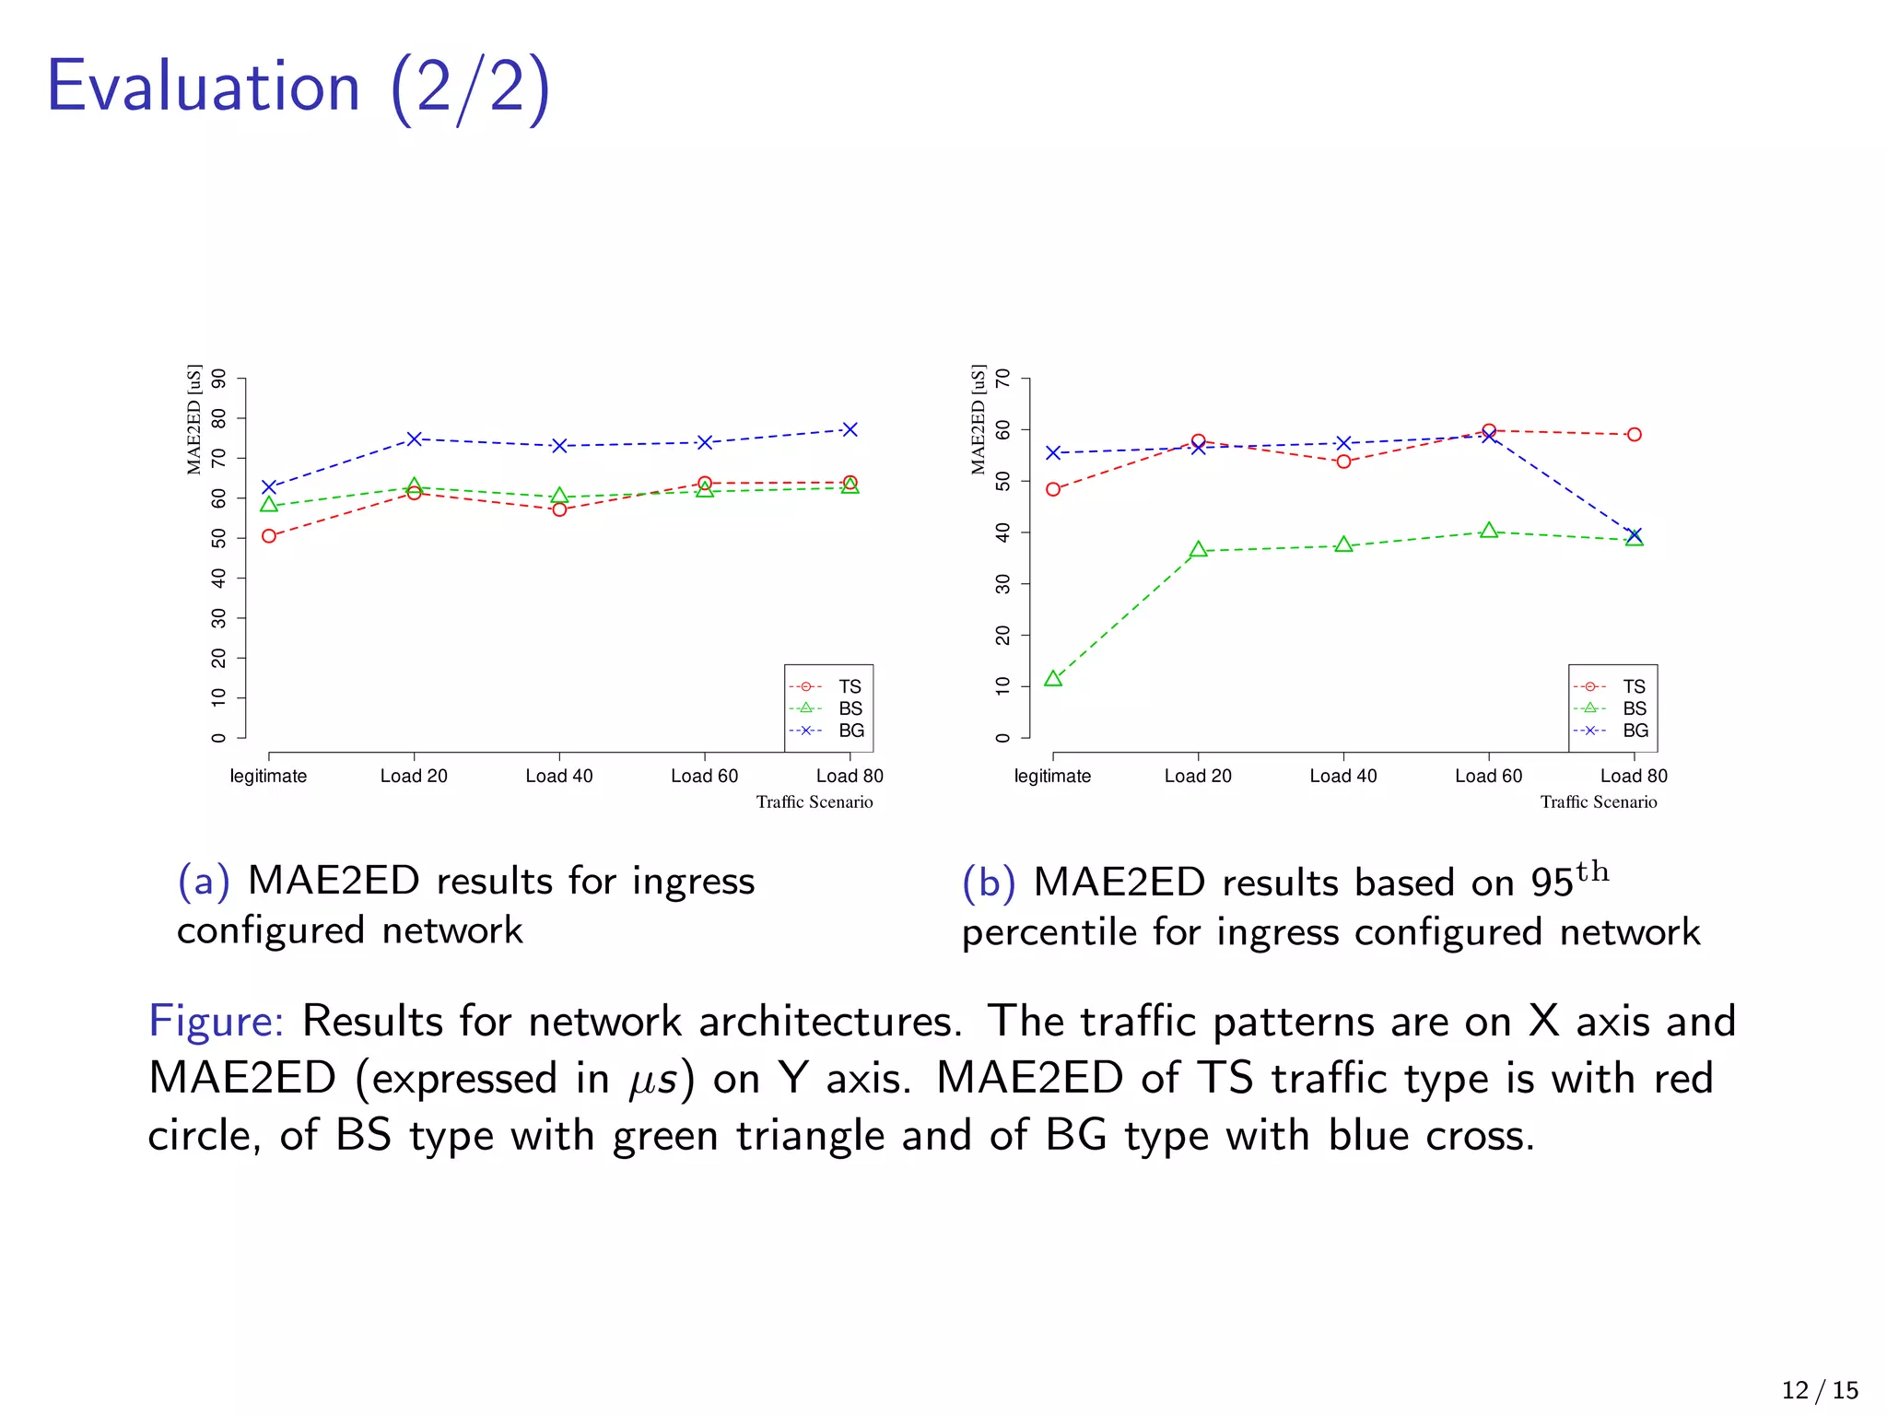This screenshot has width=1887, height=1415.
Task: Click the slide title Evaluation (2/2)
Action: pyautogui.click(x=298, y=88)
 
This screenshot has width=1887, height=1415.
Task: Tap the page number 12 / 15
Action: pyautogui.click(x=1820, y=1389)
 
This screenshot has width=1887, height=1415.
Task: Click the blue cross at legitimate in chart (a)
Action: pyautogui.click(x=269, y=487)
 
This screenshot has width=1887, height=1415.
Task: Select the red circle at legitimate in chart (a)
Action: pyautogui.click(x=269, y=536)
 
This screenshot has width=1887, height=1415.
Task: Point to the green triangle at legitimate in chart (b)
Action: pyautogui.click(x=1053, y=679)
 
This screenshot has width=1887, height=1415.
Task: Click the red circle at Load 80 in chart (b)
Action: pyautogui.click(x=1634, y=435)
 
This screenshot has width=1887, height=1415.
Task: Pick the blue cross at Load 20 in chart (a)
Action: pyautogui.click(x=414, y=439)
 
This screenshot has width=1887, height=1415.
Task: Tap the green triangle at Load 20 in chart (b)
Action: pyautogui.click(x=1198, y=550)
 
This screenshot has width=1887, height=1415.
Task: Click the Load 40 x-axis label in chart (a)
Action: pyautogui.click(x=558, y=776)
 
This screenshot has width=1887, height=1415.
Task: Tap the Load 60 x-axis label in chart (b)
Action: pyautogui.click(x=1488, y=776)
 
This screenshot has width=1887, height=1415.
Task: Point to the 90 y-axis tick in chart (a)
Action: pyautogui.click(x=218, y=379)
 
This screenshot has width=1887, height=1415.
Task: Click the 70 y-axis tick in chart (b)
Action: pyautogui.click(x=1002, y=379)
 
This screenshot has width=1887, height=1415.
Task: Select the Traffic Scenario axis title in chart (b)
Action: pyautogui.click(x=1598, y=801)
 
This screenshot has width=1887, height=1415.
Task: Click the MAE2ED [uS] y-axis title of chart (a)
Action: pyautogui.click(x=193, y=419)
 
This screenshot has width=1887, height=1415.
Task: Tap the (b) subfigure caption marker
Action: pyautogui.click(x=989, y=883)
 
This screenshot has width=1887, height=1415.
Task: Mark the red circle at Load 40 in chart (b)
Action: pyautogui.click(x=1343, y=462)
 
